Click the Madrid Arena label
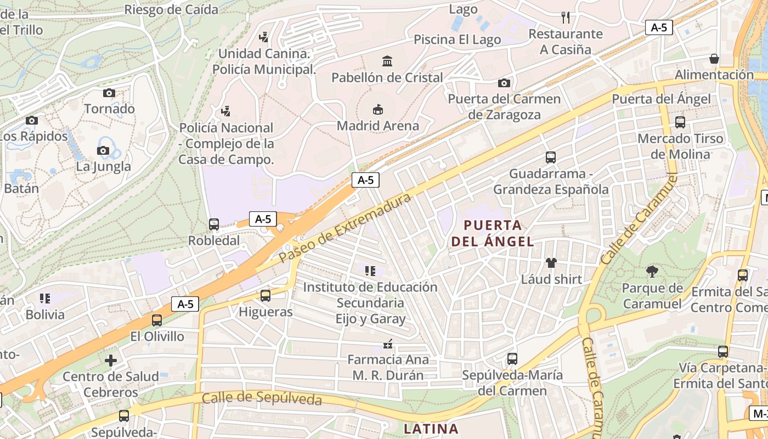377,126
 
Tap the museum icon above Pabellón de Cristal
387,61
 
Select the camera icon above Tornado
109,93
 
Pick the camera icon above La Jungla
103,150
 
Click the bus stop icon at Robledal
214,224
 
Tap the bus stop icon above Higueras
266,296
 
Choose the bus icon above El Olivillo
157,320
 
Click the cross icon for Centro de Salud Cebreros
111,361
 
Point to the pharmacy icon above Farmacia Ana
388,344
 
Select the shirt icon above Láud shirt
551,263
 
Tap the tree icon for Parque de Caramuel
652,271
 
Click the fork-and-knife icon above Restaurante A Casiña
566,18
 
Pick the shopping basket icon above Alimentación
714,58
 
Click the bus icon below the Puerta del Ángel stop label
680,122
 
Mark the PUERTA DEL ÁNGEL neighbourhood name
493,233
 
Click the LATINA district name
431,428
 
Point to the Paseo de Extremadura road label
345,227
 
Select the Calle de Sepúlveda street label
262,398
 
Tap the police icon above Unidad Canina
264,37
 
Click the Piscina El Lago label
457,40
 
